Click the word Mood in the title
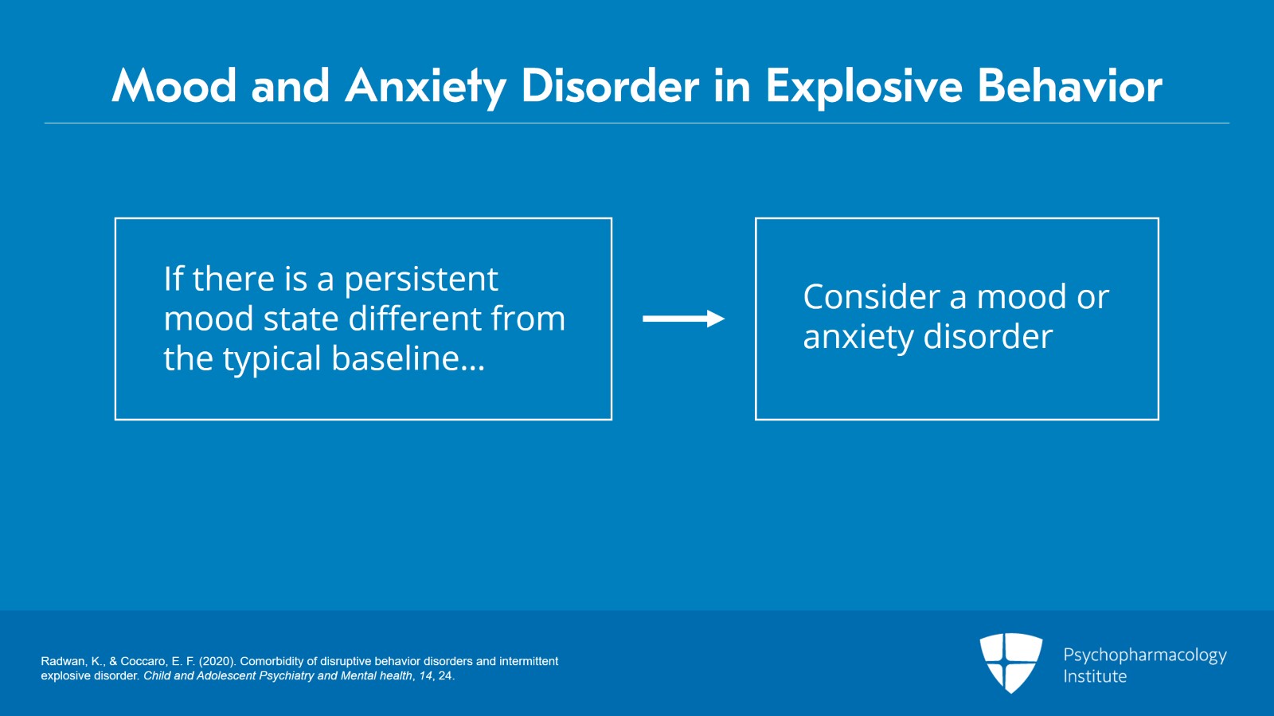pyautogui.click(x=174, y=86)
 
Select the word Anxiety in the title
pyautogui.click(x=425, y=86)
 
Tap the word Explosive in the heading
pyautogui.click(x=863, y=86)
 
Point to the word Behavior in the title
pyautogui.click(x=1069, y=86)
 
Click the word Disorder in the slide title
pyautogui.click(x=609, y=86)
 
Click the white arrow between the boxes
pyautogui.click(x=683, y=319)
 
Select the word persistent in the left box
pyautogui.click(x=420, y=280)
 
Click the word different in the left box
pyautogui.click(x=415, y=319)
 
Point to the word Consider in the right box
pyautogui.click(x=872, y=297)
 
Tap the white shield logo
pyautogui.click(x=1010, y=662)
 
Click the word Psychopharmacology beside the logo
pyautogui.click(x=1144, y=655)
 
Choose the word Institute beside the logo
pyautogui.click(x=1095, y=676)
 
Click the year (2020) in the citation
pyautogui.click(x=217, y=661)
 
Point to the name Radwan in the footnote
pyautogui.click(x=63, y=661)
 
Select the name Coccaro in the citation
pyautogui.click(x=143, y=661)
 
